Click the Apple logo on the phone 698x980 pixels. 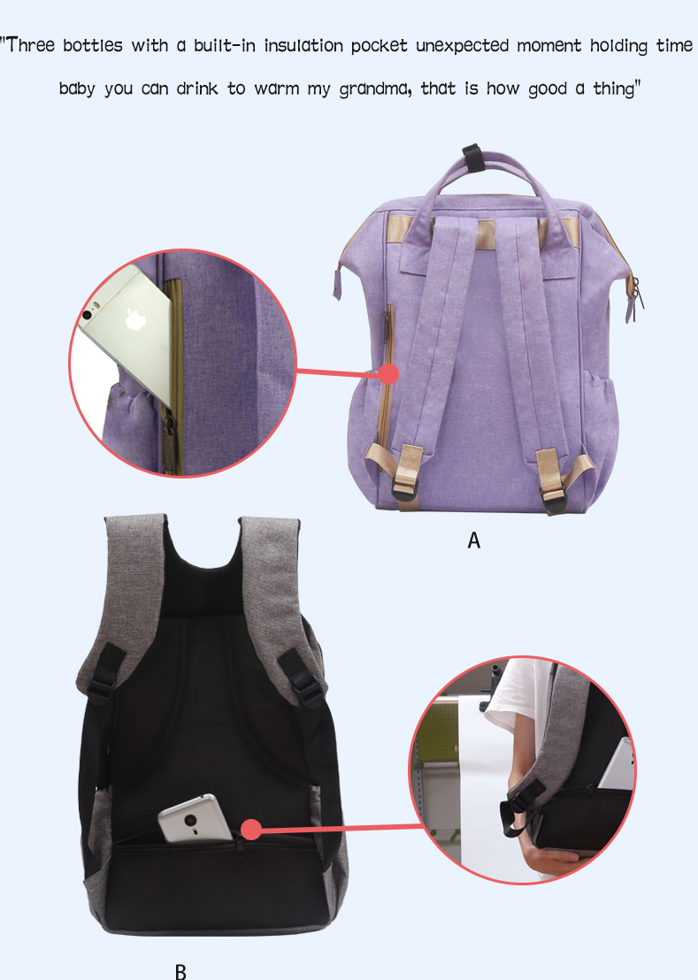coord(136,319)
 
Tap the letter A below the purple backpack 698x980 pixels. coord(473,540)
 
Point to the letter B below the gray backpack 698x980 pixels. coord(180,972)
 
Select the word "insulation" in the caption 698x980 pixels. coord(303,46)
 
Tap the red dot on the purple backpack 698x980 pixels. coord(388,374)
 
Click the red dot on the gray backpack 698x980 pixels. coord(250,830)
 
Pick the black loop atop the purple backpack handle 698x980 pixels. coord(472,157)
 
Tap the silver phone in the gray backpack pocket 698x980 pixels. coord(195,817)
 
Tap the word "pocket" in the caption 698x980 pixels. coord(379,46)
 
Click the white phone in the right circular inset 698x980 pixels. coord(617,764)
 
